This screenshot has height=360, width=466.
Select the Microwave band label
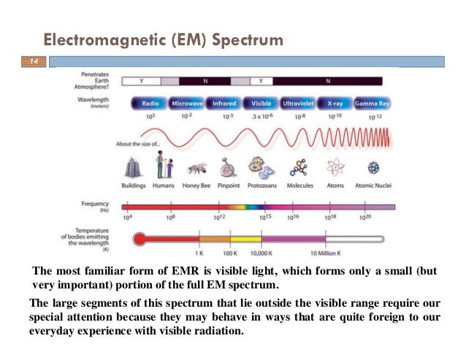coord(186,104)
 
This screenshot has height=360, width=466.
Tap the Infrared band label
coord(223,104)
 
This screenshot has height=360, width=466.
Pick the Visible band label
coord(260,104)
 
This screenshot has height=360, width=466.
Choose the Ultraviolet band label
coord(297,104)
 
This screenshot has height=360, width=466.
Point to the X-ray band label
coord(335,104)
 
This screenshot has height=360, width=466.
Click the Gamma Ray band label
coord(372,104)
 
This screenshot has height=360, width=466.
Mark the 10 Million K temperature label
coord(325,253)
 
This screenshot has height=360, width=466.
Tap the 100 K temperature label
coord(231,253)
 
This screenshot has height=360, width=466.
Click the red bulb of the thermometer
coord(140,239)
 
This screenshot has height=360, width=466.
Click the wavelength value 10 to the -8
coord(299,117)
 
